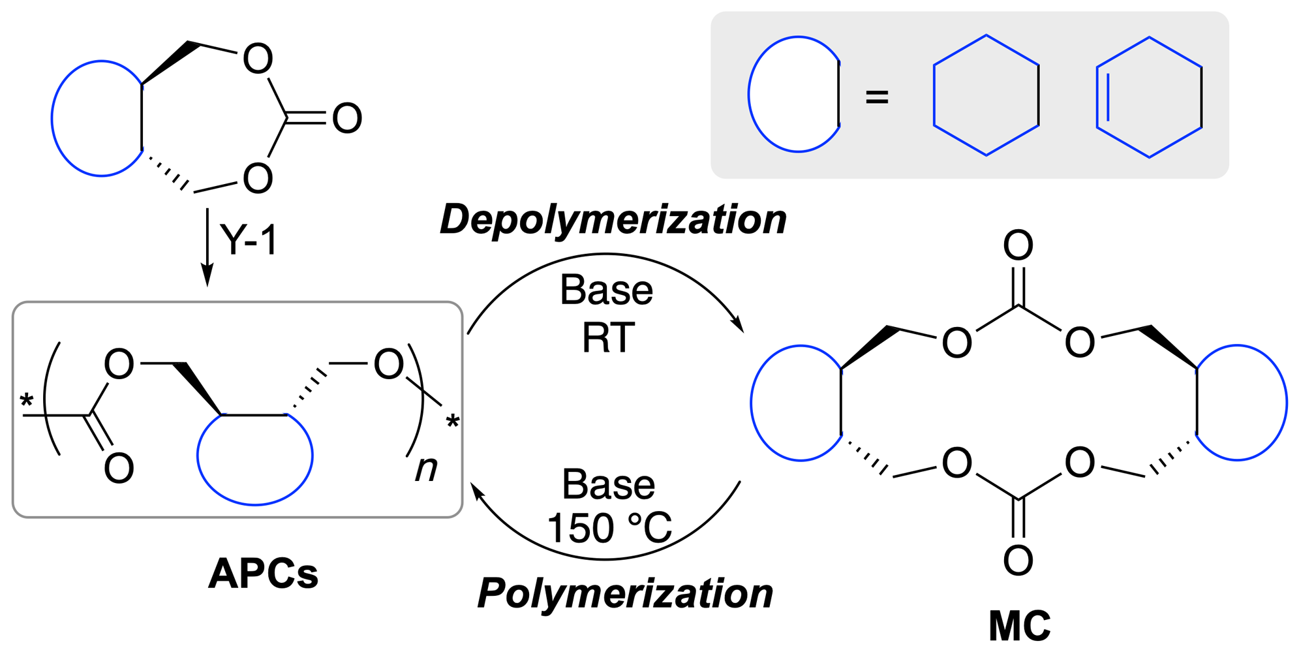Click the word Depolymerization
click(613, 220)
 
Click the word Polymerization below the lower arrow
click(625, 594)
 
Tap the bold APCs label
click(264, 574)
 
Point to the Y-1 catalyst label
click(249, 240)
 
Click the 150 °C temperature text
click(609, 527)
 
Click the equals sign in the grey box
click(876, 97)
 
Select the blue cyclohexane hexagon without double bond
click(986, 95)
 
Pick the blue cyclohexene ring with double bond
click(1148, 97)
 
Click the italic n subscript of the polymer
click(426, 468)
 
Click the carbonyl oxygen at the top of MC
click(1018, 246)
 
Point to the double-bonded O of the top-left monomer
click(346, 118)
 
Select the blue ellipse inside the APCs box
click(255, 457)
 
